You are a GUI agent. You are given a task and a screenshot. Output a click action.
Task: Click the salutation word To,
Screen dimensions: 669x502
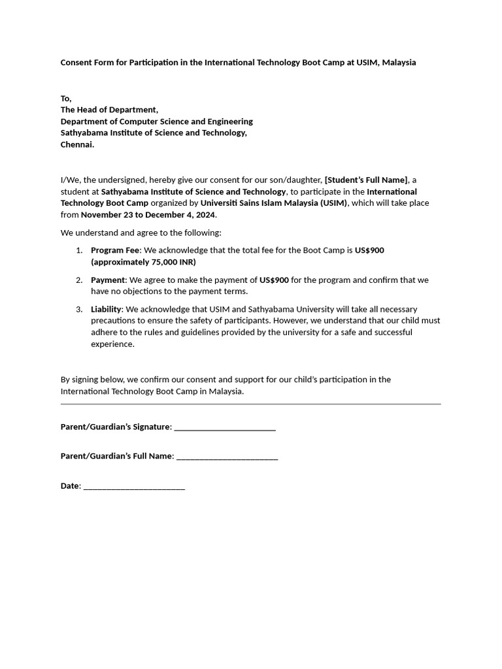coord(66,98)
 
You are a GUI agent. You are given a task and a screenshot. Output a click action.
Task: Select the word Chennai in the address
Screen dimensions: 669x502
coord(77,145)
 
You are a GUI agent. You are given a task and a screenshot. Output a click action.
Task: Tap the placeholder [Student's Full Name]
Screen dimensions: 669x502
coord(366,180)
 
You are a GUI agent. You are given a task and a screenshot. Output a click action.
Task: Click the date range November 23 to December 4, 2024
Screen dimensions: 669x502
coord(148,215)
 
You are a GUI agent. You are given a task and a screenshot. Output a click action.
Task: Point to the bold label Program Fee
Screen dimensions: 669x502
coord(115,250)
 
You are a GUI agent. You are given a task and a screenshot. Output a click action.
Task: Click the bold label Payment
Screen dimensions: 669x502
coord(108,280)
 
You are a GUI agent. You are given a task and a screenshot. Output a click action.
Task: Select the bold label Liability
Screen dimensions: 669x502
coord(106,309)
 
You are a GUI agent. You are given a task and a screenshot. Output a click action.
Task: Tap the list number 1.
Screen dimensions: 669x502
coord(78,250)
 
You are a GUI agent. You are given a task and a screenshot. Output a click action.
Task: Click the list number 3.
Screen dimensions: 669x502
coord(78,309)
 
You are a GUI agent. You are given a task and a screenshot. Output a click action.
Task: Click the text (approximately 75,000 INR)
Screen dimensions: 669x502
coord(143,262)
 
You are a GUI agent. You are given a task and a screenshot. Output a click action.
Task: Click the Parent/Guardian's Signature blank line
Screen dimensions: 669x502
coord(225,428)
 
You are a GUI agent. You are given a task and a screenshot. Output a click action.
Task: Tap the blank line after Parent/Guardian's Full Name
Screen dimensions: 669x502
coord(227,457)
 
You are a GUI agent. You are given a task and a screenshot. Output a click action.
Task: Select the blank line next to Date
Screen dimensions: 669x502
coord(134,487)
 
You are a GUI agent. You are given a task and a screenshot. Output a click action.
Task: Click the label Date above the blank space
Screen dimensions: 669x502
coord(70,486)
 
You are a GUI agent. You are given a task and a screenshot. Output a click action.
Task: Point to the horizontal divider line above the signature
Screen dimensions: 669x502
coord(250,404)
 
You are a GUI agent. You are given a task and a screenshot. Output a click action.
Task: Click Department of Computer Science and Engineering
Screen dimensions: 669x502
coord(157,122)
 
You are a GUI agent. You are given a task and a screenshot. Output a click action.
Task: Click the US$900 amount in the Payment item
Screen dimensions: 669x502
coord(274,280)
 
